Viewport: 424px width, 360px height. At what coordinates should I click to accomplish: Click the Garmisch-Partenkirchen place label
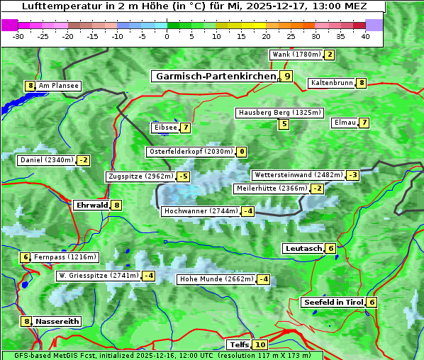(216, 76)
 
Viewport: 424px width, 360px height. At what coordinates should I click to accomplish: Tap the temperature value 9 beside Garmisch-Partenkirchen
(286, 76)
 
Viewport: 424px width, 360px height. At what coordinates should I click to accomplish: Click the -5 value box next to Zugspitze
(184, 176)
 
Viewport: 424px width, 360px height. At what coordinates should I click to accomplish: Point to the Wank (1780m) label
(296, 55)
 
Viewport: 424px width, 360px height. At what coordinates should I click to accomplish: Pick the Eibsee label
(164, 128)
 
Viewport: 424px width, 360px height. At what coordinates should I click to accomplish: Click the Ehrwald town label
(91, 205)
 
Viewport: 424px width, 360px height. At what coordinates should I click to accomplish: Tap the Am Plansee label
(58, 86)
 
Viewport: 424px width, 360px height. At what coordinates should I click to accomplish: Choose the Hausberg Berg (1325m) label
(279, 113)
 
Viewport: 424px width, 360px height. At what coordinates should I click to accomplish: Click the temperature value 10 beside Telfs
(260, 345)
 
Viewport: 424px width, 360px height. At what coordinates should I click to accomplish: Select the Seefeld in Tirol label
(333, 302)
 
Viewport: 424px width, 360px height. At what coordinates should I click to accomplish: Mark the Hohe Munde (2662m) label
(216, 279)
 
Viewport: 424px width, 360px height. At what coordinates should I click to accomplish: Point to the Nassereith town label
(57, 321)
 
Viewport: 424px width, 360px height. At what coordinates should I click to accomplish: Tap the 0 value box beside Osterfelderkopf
(242, 152)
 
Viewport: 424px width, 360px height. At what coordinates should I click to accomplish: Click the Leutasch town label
(303, 248)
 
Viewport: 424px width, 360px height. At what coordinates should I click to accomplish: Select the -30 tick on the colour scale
(18, 36)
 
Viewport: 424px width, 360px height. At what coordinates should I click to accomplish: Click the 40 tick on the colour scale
(365, 36)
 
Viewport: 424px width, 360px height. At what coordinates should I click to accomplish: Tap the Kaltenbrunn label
(332, 83)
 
